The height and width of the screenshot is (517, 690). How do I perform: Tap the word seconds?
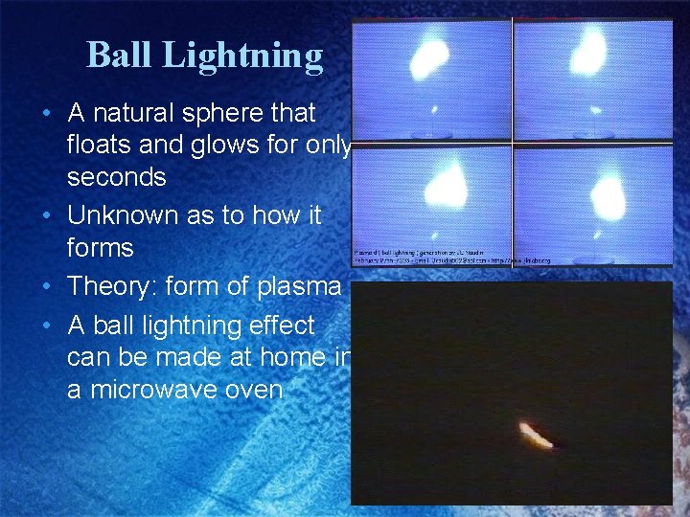pyautogui.click(x=116, y=178)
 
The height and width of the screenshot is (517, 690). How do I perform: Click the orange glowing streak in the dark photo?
pyautogui.click(x=536, y=436)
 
